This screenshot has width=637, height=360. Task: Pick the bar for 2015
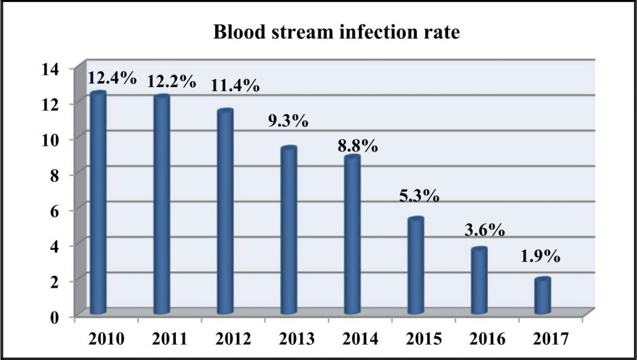(416, 266)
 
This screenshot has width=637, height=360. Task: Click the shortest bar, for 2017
(542, 296)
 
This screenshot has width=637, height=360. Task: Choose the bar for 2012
(225, 212)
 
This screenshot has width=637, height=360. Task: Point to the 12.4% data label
(112, 77)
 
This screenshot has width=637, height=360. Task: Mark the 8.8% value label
(356, 145)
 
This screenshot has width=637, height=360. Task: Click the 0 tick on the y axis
(55, 316)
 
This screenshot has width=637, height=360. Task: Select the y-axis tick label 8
(55, 175)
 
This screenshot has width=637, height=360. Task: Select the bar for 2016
(479, 281)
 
